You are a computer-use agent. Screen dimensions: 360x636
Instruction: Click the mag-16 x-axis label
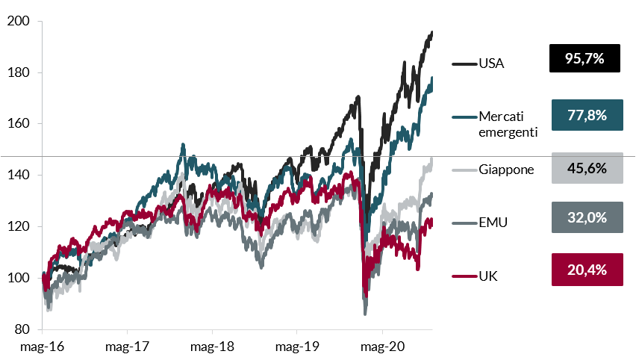43,347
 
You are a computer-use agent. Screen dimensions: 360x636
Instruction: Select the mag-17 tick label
128,347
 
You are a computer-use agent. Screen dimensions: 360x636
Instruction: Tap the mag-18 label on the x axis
212,347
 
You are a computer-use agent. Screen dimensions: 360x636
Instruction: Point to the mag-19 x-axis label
297,347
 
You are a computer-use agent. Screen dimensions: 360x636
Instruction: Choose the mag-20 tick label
382,347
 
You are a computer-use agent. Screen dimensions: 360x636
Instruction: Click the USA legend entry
491,63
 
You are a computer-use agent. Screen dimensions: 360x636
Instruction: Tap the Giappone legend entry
506,170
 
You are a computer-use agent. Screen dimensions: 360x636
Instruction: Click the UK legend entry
488,276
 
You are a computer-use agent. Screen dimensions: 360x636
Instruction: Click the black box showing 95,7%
584,58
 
